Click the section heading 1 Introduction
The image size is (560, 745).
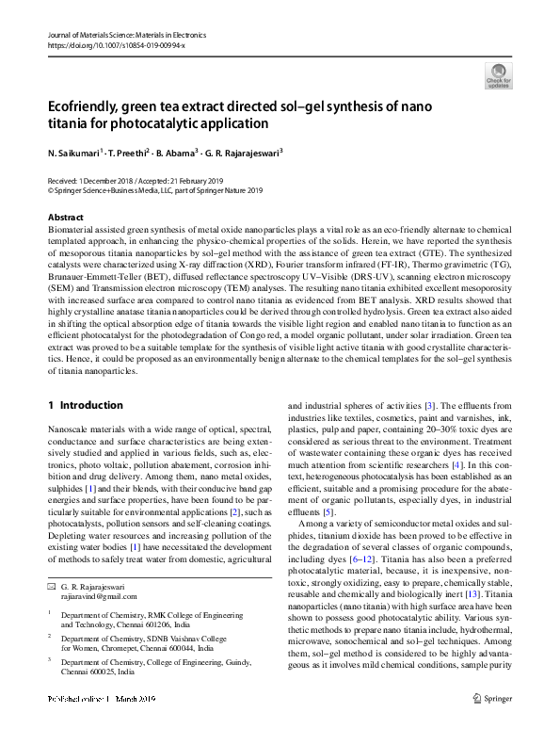coord(85,405)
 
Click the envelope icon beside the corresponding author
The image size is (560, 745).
coord(52,586)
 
